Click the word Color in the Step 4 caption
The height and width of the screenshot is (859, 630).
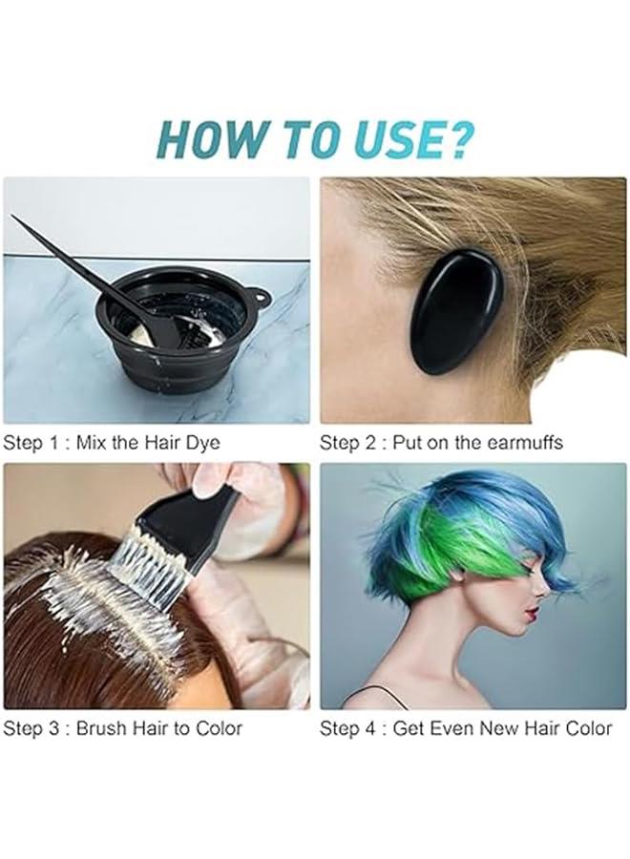pyautogui.click(x=582, y=728)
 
